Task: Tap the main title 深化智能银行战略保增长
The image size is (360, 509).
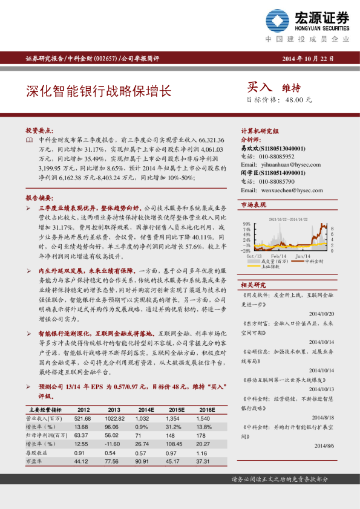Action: point(99,91)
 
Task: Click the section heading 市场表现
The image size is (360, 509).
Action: point(254,206)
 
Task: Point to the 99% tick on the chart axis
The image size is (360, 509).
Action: point(246,223)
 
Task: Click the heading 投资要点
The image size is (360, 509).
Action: point(39,130)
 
